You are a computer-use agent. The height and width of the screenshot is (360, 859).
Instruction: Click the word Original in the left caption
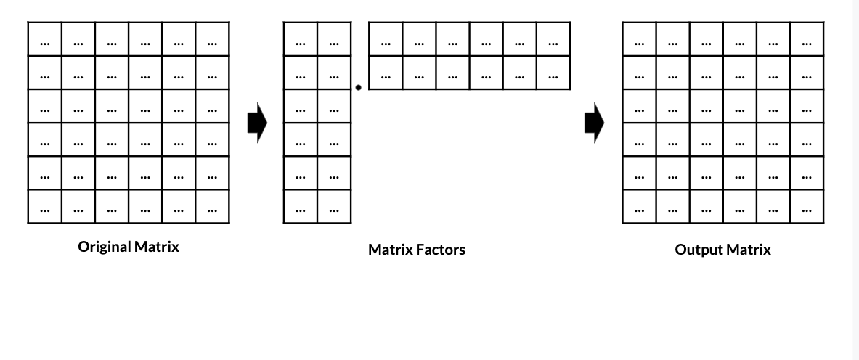(105, 247)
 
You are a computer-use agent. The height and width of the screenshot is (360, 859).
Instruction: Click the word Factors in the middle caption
(439, 250)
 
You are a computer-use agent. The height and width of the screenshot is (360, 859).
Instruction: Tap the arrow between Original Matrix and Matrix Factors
(257, 123)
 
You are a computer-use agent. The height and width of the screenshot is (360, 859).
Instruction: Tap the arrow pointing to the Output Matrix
(594, 123)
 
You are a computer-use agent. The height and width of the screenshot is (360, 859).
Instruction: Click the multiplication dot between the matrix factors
(359, 88)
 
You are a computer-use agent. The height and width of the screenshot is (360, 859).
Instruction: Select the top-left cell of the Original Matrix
(44, 39)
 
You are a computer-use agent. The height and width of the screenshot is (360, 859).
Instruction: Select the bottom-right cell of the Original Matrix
(212, 207)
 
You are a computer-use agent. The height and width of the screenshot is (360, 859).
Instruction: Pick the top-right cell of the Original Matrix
(212, 39)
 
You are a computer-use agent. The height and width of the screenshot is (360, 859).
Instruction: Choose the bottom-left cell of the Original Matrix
(44, 207)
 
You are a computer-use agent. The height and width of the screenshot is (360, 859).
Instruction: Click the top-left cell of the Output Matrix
(639, 39)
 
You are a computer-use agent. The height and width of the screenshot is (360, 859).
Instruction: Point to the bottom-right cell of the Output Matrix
(807, 207)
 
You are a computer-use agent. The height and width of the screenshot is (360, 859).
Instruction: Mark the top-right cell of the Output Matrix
(807, 39)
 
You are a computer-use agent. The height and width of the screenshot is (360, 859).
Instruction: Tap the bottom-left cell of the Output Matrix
(639, 207)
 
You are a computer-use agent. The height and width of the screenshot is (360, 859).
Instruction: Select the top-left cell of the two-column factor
(300, 39)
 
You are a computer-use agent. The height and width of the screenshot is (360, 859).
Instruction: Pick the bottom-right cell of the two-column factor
(334, 207)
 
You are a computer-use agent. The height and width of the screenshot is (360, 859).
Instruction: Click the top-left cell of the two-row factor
(386, 39)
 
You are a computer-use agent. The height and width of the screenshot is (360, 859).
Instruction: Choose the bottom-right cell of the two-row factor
(553, 73)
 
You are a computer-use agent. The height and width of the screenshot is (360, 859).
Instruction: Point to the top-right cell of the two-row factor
(553, 39)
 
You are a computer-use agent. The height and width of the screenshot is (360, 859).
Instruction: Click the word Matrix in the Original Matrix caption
(157, 247)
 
